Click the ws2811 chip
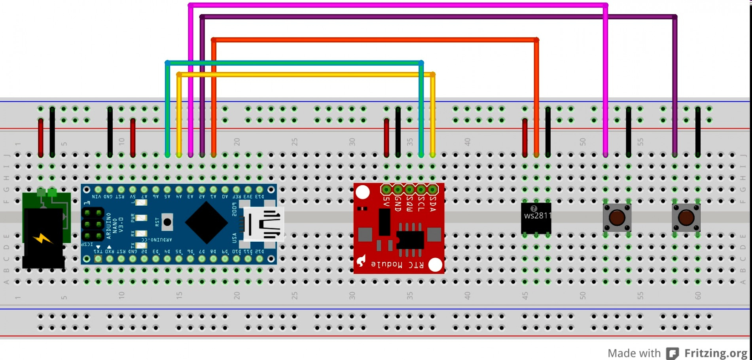[x=536, y=218]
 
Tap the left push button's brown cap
[x=617, y=218]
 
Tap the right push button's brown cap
[x=686, y=218]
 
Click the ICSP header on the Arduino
[x=93, y=224]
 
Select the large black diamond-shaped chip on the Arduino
[x=206, y=223]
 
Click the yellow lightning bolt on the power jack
[x=42, y=239]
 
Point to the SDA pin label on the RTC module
[x=433, y=203]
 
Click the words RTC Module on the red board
[x=397, y=264]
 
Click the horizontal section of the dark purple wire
[x=435, y=17]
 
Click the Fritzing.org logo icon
[x=672, y=353]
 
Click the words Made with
[x=634, y=353]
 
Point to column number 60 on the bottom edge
[x=697, y=296]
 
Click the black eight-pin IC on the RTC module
[x=410, y=239]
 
